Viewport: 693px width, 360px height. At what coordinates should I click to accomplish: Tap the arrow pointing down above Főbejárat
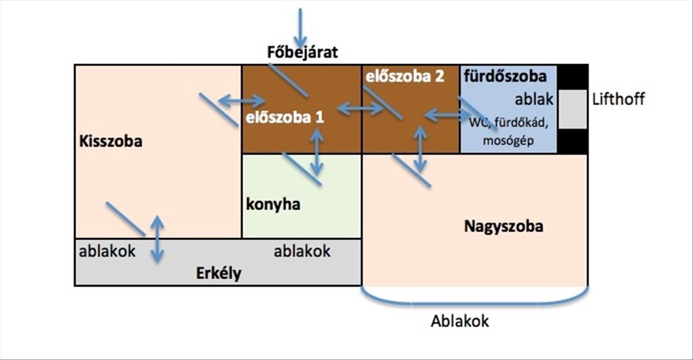[300, 28]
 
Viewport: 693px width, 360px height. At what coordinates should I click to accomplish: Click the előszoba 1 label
[285, 118]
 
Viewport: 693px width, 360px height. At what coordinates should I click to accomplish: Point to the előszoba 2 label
[404, 77]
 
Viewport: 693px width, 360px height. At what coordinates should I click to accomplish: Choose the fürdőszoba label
[505, 77]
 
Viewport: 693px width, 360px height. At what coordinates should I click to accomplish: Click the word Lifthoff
[619, 99]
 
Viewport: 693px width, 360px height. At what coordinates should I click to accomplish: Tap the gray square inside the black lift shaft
[572, 109]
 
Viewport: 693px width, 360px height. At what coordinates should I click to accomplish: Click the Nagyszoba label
[504, 227]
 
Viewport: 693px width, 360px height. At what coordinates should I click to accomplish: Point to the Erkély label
[218, 273]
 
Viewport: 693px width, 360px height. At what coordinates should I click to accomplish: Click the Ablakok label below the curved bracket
[460, 321]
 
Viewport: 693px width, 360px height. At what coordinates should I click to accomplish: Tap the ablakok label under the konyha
[302, 251]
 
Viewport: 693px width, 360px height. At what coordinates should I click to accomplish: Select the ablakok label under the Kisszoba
[107, 251]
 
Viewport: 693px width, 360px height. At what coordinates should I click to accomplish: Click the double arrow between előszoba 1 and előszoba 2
[360, 108]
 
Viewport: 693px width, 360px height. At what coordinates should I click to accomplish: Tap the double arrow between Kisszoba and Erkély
[157, 239]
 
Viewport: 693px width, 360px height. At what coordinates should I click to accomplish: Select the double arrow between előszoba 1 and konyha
[316, 151]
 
